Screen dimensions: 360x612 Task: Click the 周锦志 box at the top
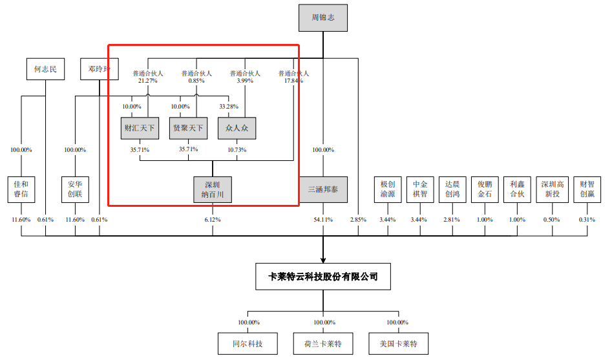322,18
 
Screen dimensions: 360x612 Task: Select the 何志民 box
46,69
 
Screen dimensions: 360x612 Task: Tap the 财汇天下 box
140,128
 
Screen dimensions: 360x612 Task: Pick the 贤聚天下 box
188,128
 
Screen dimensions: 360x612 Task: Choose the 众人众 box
237,128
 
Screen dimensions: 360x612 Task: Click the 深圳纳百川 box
212,189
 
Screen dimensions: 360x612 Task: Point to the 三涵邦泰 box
323,189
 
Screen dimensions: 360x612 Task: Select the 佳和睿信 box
21,189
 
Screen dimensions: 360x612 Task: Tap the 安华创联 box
75,189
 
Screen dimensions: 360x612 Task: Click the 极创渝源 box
388,189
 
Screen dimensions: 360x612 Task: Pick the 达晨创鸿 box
452,189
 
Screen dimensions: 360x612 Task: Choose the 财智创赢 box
587,189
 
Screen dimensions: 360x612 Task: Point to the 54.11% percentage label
323,220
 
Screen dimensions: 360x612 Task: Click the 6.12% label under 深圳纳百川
212,220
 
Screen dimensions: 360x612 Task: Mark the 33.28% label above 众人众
229,106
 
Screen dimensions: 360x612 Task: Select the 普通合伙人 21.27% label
148,77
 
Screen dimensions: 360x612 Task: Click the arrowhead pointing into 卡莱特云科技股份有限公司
323,259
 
